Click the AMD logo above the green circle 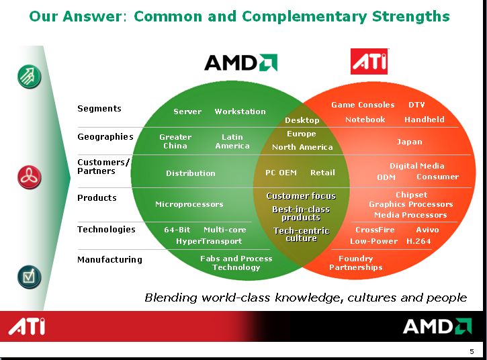pyautogui.click(x=240, y=62)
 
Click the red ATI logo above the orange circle pyautogui.click(x=369, y=62)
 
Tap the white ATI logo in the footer pyautogui.click(x=27, y=326)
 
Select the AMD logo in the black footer pyautogui.click(x=437, y=326)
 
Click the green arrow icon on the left pyautogui.click(x=29, y=77)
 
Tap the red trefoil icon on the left pyautogui.click(x=29, y=177)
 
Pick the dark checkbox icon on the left pyautogui.click(x=29, y=277)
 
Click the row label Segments pyautogui.click(x=99, y=109)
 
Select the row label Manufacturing pyautogui.click(x=109, y=259)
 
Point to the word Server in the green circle pyautogui.click(x=187, y=111)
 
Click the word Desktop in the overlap pyautogui.click(x=302, y=120)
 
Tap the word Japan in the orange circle pyautogui.click(x=409, y=142)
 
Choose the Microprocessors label pyautogui.click(x=189, y=204)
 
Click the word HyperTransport pyautogui.click(x=209, y=241)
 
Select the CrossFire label pyautogui.click(x=375, y=230)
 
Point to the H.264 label pyautogui.click(x=418, y=241)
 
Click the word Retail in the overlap pyautogui.click(x=322, y=173)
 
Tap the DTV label pyautogui.click(x=416, y=105)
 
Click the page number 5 pyautogui.click(x=472, y=352)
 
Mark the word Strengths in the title pyautogui.click(x=410, y=16)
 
